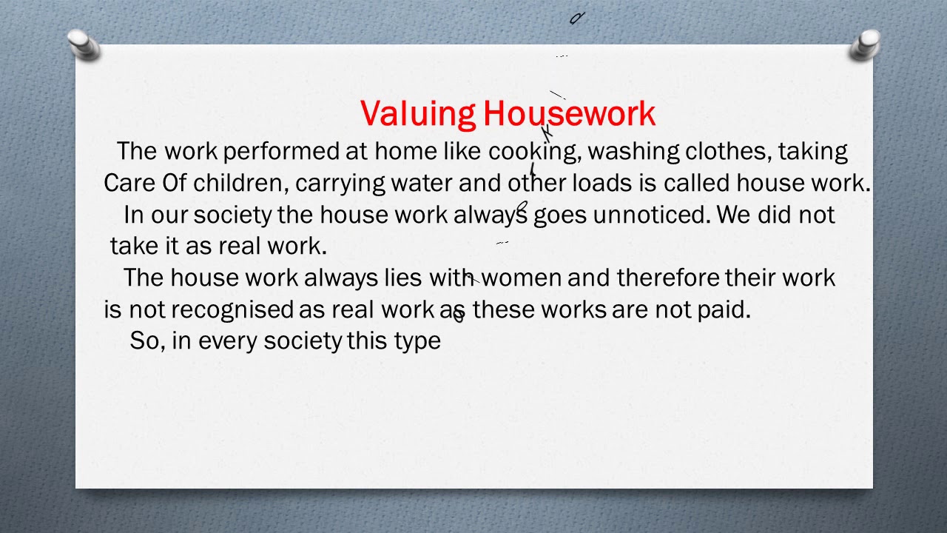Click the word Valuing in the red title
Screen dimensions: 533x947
[x=418, y=114]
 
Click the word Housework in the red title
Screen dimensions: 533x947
[x=569, y=114]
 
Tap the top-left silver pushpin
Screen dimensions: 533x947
[x=84, y=44]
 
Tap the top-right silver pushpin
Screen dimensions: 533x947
[x=865, y=44]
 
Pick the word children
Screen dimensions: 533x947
[x=237, y=184]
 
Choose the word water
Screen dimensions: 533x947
[x=422, y=184]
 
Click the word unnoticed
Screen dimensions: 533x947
[x=651, y=215]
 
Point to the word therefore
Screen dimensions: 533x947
[x=667, y=278]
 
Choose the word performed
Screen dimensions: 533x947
[x=281, y=152]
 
